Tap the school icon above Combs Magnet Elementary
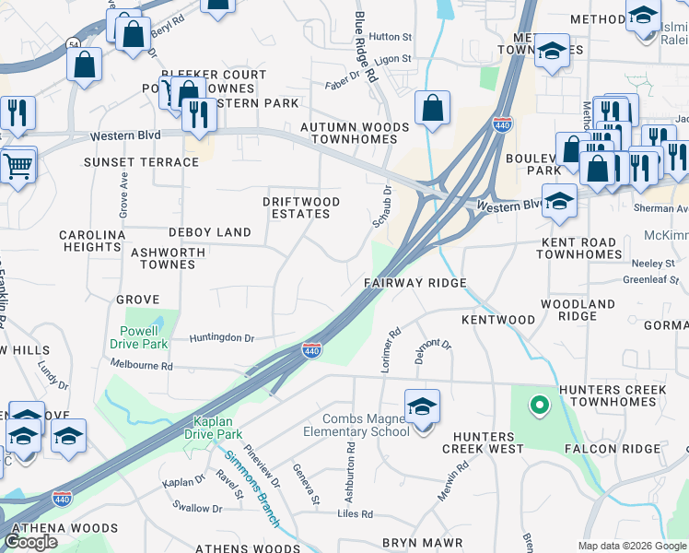[422, 406]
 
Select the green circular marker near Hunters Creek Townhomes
[539, 404]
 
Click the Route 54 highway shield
[72, 44]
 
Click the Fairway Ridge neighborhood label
[415, 283]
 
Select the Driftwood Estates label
[301, 207]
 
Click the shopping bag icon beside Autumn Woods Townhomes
[432, 109]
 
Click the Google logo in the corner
[31, 542]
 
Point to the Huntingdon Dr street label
[221, 338]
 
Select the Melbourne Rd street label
[141, 365]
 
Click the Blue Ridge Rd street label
[367, 46]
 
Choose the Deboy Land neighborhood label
[209, 232]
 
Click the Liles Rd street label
[355, 513]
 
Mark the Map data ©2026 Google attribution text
[633, 546]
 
